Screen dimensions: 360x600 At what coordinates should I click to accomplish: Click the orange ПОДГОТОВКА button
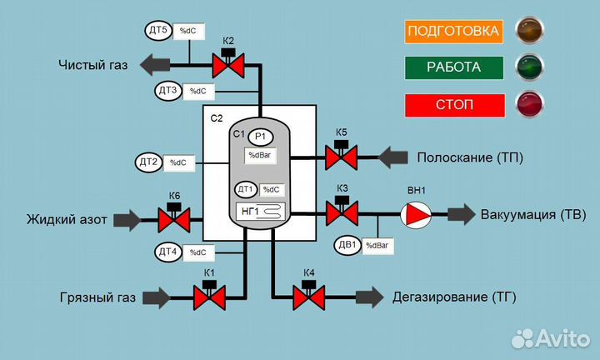coord(454,32)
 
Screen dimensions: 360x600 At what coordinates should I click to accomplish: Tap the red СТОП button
coord(454,106)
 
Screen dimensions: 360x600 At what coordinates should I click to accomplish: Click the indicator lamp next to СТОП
coord(529,104)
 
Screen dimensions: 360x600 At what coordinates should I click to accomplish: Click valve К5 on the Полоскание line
coord(341,155)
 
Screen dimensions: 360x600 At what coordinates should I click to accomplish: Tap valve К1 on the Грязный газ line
coord(209,296)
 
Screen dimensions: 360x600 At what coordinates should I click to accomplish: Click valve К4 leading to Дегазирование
coord(308,296)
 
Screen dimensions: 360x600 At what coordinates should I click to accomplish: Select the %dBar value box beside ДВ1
coord(377,246)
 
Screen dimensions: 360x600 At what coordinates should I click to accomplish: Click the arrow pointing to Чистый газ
coord(157,64)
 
